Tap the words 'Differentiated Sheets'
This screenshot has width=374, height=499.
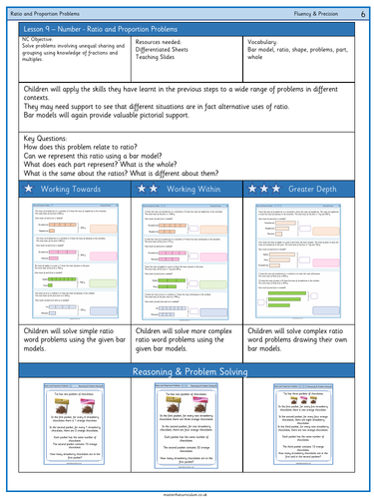[165, 57]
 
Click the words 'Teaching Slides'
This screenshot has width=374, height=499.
[158, 65]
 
